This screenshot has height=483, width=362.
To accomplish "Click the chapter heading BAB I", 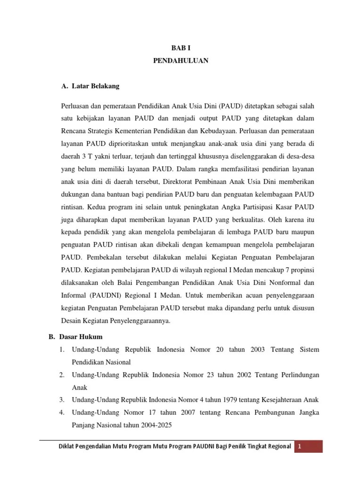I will coord(181,48).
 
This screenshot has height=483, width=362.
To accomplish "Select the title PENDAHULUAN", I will coord(181,61).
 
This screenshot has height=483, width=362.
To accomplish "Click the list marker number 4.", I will coord(62,412).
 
